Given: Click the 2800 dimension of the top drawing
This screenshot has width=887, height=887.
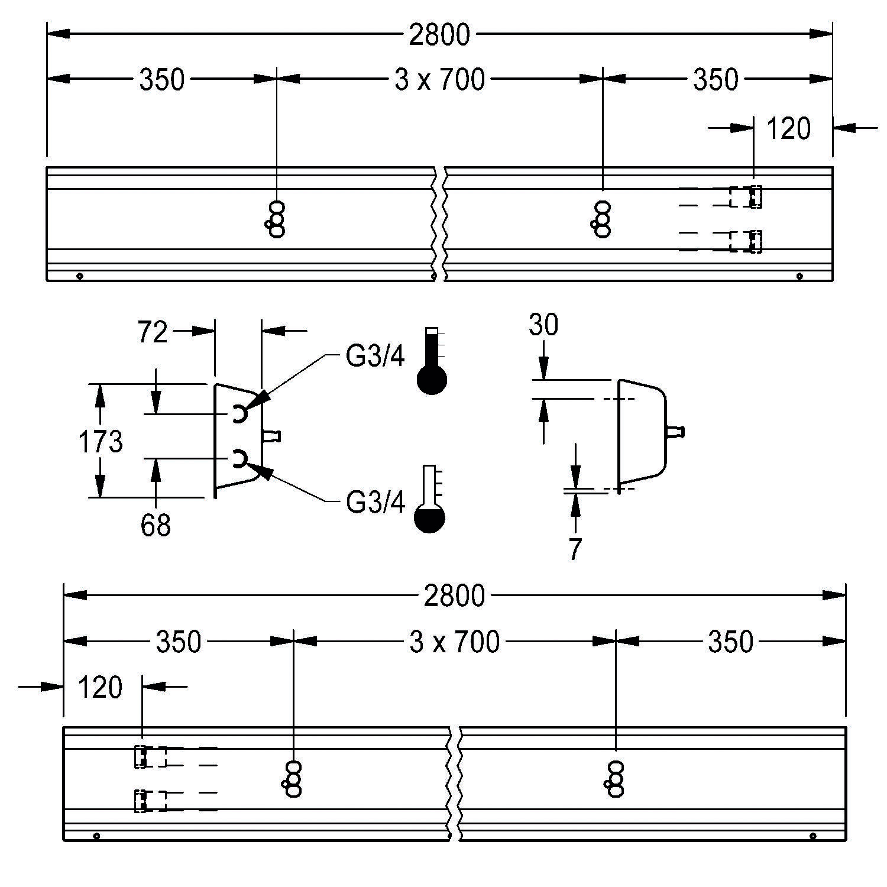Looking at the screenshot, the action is pyautogui.click(x=439, y=35).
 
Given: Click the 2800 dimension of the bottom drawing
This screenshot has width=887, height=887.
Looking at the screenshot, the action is pyautogui.click(x=454, y=596).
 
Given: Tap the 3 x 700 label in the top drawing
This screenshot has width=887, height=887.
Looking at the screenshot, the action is pyautogui.click(x=439, y=80).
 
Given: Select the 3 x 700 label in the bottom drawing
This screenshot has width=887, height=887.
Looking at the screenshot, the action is pyautogui.click(x=454, y=642).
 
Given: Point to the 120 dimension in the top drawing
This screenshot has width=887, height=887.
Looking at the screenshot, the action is pyautogui.click(x=788, y=128).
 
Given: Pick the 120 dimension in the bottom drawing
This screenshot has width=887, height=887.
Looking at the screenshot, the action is pyautogui.click(x=100, y=688).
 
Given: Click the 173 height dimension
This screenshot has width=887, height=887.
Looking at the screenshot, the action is pyautogui.click(x=101, y=442).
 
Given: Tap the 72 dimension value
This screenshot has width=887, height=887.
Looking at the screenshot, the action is pyautogui.click(x=153, y=333).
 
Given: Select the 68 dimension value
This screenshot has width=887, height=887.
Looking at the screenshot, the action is pyautogui.click(x=156, y=525).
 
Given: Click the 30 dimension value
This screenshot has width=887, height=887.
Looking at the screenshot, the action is pyautogui.click(x=543, y=325).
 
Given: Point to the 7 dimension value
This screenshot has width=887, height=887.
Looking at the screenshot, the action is pyautogui.click(x=575, y=549).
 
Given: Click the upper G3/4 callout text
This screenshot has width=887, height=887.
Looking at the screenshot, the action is pyautogui.click(x=375, y=357).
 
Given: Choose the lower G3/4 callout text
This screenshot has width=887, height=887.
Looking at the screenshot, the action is pyautogui.click(x=375, y=503).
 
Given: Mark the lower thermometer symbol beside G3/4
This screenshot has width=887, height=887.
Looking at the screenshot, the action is pyautogui.click(x=429, y=500).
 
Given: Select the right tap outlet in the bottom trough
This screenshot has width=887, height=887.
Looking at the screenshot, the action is pyautogui.click(x=615, y=779).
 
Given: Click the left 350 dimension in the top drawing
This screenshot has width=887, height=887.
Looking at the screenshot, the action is pyautogui.click(x=161, y=80).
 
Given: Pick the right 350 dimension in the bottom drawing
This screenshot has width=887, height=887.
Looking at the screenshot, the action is pyautogui.click(x=731, y=642).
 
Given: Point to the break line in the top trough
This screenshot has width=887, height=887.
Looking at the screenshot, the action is pyautogui.click(x=438, y=224).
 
